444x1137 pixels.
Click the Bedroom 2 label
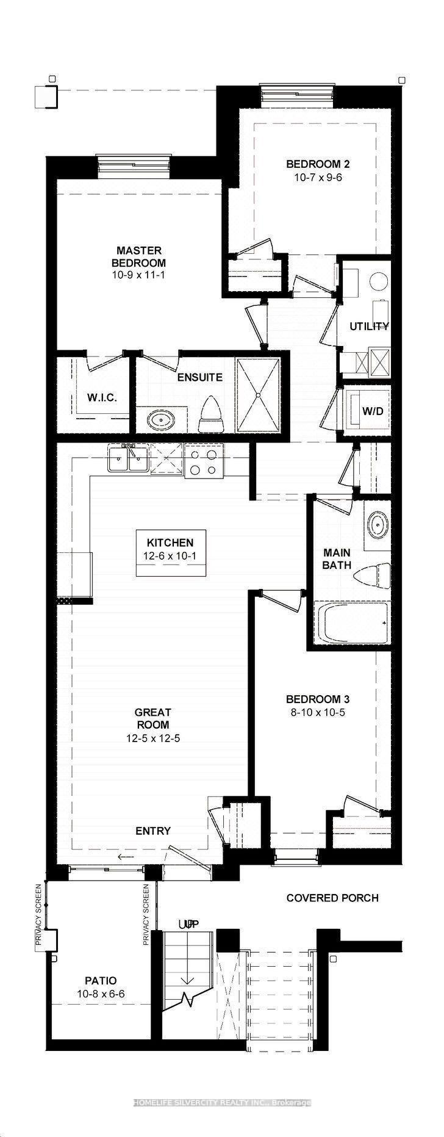point(318,164)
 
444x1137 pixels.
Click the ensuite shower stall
point(258,395)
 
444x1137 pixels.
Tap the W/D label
point(373,411)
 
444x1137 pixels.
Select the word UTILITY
point(369,327)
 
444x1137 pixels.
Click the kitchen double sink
point(128,459)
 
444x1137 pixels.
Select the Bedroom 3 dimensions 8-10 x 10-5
point(317,712)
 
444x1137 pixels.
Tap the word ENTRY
point(152,831)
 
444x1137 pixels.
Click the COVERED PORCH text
point(332,898)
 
